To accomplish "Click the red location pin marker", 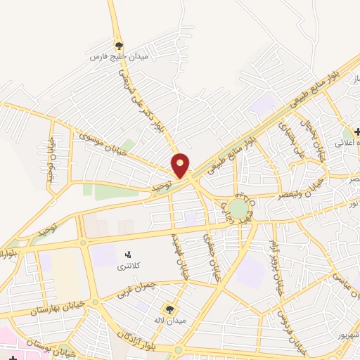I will coord(181,165).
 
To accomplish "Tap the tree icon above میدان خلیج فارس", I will coord(118,44).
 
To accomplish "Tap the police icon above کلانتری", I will coord(127,254).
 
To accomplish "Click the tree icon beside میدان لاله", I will coord(169,308).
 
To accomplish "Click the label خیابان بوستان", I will coord(51,345).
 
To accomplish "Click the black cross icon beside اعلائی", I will coord(358,131).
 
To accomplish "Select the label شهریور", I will coord(345,336).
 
